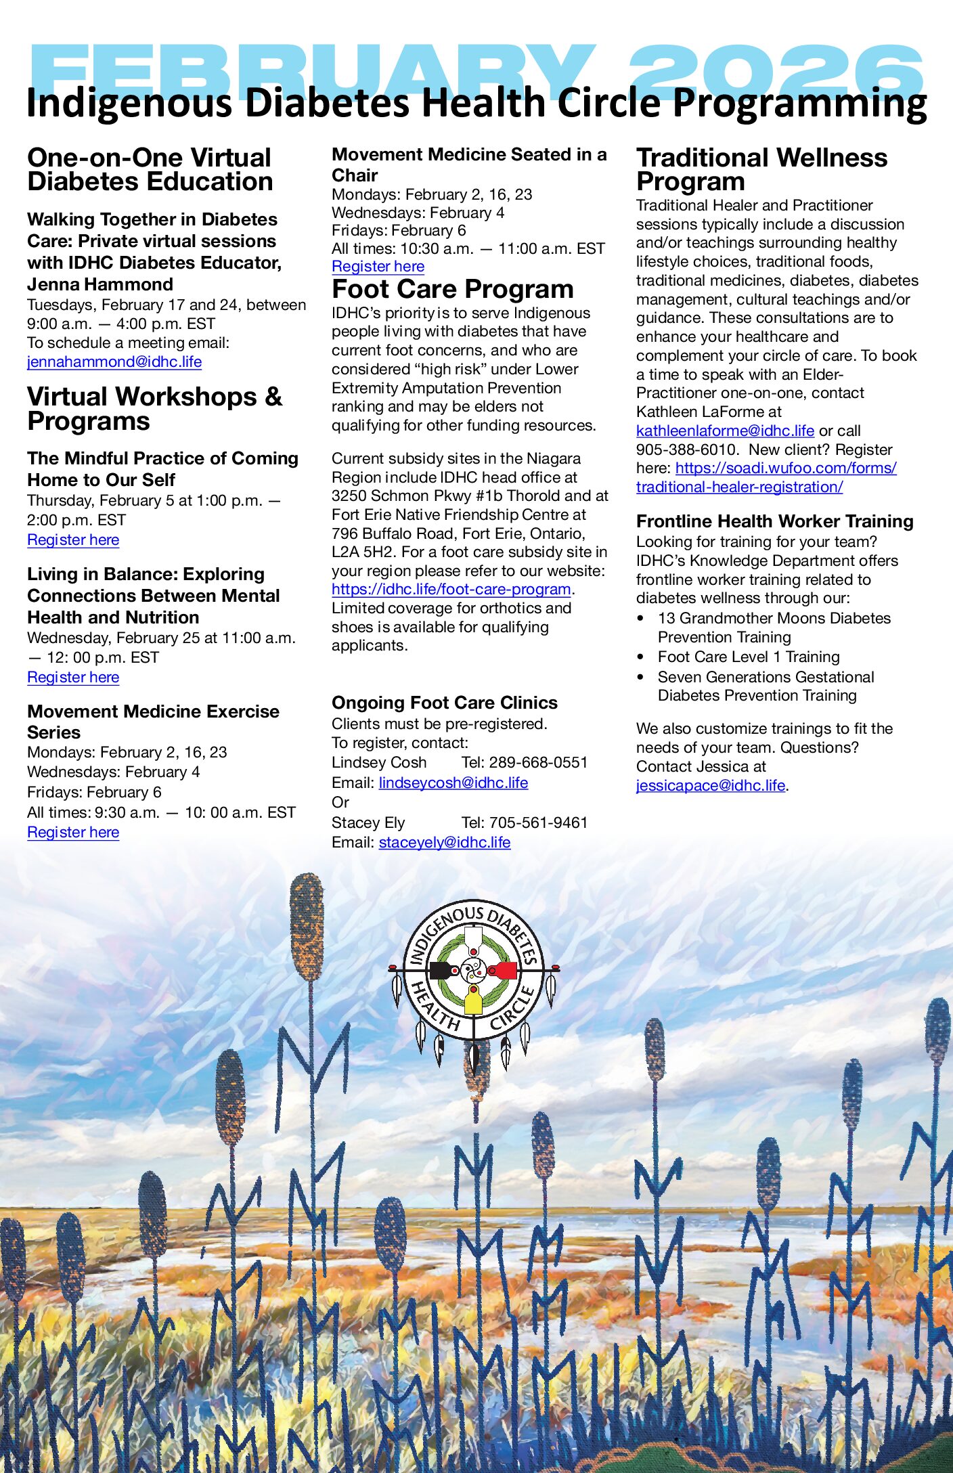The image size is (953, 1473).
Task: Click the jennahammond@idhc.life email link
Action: click(x=114, y=362)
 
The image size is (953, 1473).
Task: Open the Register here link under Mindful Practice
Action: click(x=73, y=540)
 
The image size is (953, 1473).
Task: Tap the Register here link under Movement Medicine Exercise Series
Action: click(x=73, y=833)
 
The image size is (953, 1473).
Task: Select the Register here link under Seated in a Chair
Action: click(x=378, y=267)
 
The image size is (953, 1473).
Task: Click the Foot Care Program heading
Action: click(x=452, y=290)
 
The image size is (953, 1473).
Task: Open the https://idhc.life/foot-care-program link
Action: click(x=451, y=590)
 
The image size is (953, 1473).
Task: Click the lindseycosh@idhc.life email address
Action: click(x=453, y=783)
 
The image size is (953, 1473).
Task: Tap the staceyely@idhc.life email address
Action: click(x=444, y=843)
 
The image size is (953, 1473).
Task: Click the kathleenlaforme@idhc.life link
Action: click(x=725, y=431)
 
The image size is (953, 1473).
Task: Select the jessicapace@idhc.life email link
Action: click(x=710, y=786)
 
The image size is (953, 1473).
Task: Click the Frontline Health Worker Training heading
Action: click(x=774, y=521)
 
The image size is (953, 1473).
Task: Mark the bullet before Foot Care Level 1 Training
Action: click(x=641, y=657)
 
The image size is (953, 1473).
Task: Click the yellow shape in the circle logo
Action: click(x=473, y=1000)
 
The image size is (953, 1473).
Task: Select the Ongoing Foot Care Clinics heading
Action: click(x=444, y=703)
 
